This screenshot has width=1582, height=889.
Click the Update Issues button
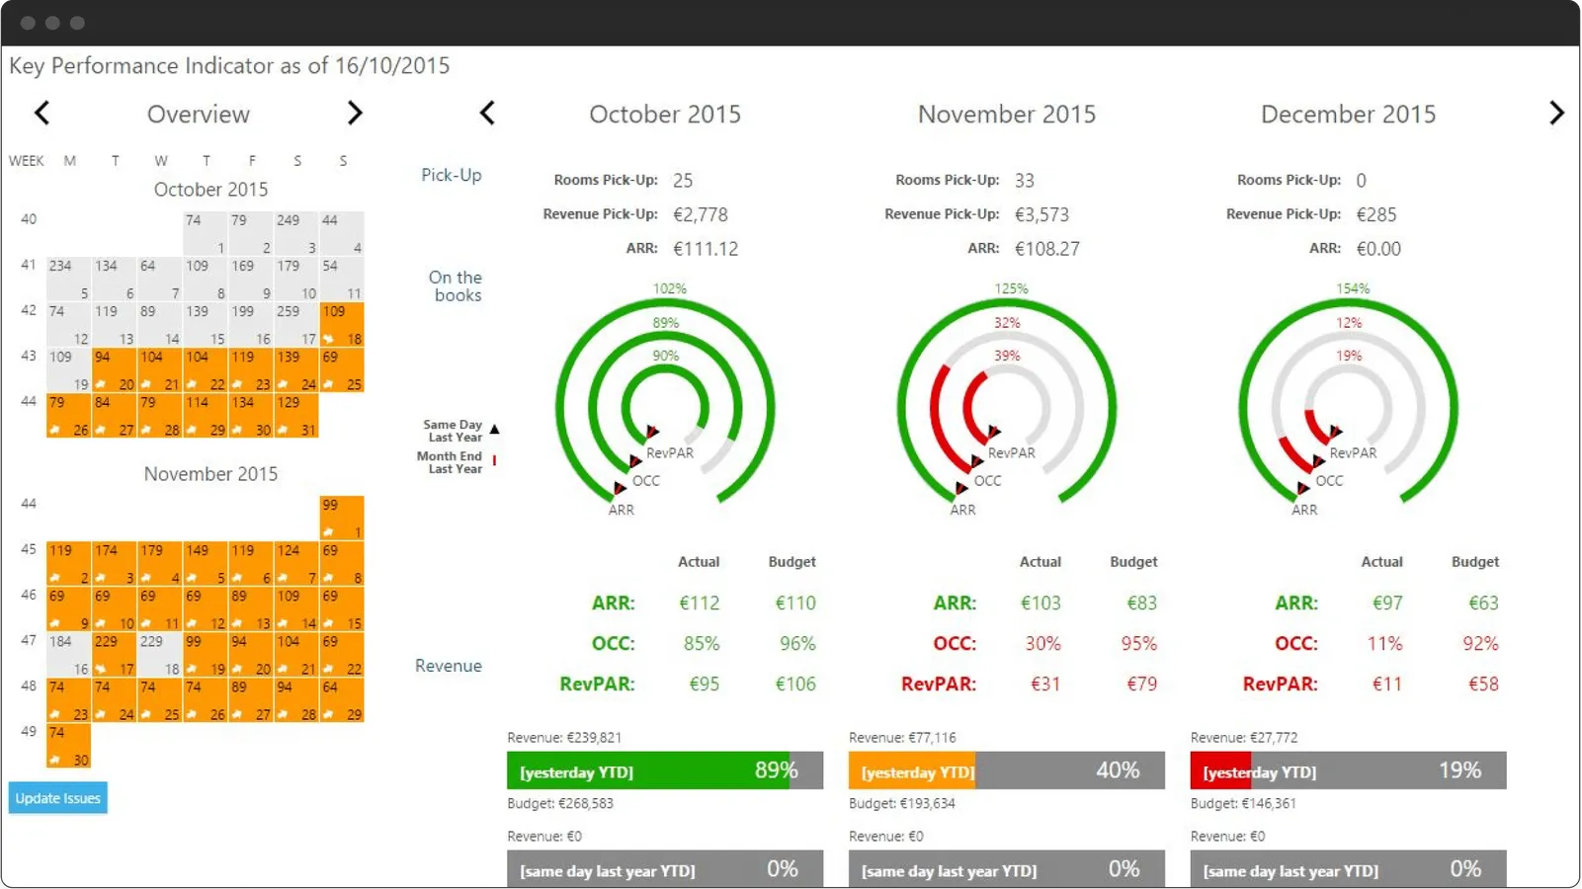[57, 798]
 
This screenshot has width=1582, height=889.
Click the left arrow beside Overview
[42, 114]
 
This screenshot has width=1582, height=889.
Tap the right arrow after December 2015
[1556, 114]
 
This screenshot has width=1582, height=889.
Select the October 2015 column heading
[664, 115]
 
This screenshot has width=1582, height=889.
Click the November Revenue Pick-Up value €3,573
[1041, 214]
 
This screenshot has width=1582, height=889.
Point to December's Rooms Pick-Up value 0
[1361, 181]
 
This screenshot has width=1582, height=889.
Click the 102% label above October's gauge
[669, 288]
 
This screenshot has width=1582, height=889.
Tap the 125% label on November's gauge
[1011, 288]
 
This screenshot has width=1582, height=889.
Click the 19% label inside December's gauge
[1349, 356]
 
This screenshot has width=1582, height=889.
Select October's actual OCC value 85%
[702, 644]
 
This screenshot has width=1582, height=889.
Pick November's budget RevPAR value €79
[1141, 684]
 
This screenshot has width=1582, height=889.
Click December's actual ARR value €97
[1386, 603]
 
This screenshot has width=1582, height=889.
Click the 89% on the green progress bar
[776, 770]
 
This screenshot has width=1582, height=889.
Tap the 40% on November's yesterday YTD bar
[1118, 770]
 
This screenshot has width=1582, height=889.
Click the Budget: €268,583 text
[560, 803]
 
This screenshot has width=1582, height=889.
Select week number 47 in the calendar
[29, 640]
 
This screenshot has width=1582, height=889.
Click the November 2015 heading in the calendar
[210, 474]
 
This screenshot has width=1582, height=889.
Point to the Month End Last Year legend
[451, 462]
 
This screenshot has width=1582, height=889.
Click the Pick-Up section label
[452, 175]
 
